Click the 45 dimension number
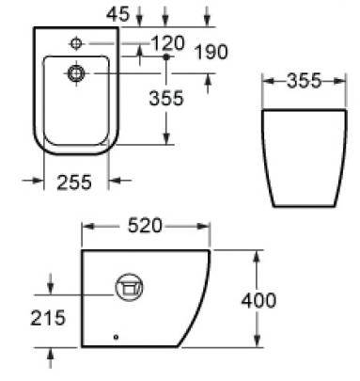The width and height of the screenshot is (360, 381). [117, 14]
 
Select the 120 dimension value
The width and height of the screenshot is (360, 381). [167, 43]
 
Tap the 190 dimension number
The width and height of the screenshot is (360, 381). [211, 52]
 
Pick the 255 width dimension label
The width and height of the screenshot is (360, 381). [74, 183]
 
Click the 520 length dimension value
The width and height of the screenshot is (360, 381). [145, 226]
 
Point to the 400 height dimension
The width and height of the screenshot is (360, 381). [258, 300]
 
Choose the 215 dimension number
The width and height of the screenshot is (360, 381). [48, 318]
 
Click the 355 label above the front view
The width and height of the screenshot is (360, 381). [304, 81]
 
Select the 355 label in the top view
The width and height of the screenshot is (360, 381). [166, 98]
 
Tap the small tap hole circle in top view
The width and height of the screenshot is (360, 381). [76, 43]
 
